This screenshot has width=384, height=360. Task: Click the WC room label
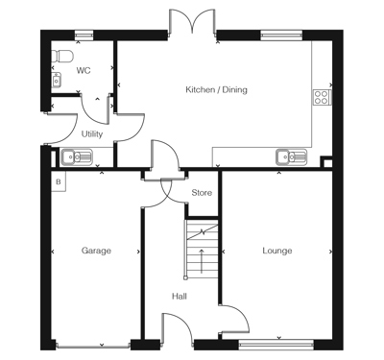coord(84,70)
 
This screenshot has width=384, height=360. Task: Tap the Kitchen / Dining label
coord(217,89)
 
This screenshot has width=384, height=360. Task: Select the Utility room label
coord(92,133)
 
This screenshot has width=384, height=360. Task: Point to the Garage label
coord(96,251)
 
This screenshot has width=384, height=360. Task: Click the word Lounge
coord(277,251)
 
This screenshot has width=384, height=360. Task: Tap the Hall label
coord(180,297)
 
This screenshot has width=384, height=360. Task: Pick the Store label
coord(202,193)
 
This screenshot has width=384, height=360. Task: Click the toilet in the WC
coord(62,56)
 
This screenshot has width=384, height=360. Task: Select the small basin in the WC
coord(57,80)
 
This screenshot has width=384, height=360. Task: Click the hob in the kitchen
coord(322,97)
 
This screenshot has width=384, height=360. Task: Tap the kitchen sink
coord(291,157)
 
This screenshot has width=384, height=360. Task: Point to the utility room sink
coord(77,157)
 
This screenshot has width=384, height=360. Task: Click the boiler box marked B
coord(59,181)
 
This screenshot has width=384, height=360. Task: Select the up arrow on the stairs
coord(202,261)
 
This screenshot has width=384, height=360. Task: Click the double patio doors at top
coord(192,22)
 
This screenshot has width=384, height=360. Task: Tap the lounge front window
coord(276,345)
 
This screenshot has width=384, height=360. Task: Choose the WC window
coord(84,35)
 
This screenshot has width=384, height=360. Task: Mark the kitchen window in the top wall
coord(281,35)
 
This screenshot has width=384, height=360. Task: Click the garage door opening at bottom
coord(93,345)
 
